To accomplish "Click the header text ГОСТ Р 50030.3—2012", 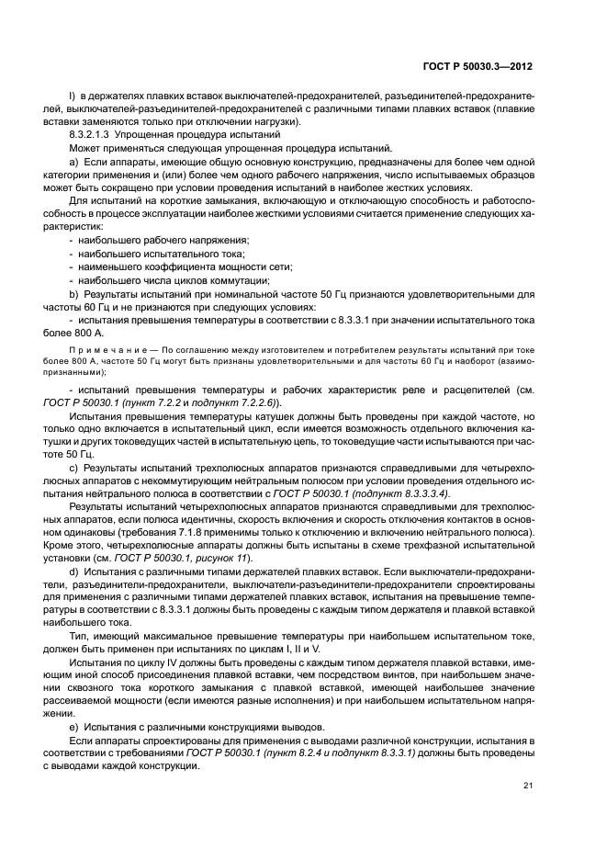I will coord(485,66).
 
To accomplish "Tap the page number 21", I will coord(528,785).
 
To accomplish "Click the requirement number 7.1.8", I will coord(359,532).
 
